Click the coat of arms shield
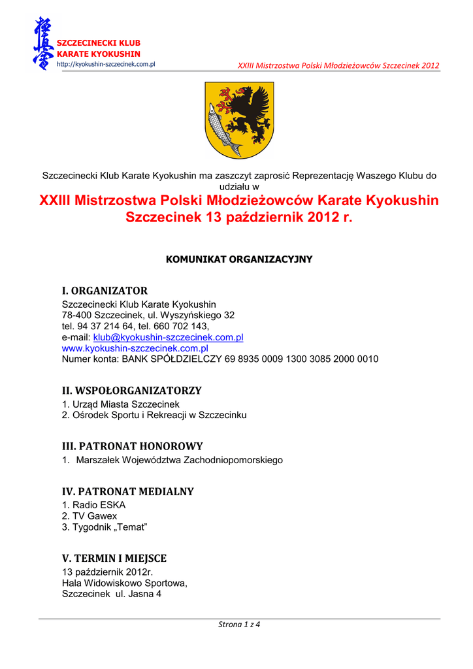pos(239,120)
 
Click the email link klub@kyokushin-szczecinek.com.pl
pos(168,337)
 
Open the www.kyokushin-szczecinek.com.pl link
pos(135,348)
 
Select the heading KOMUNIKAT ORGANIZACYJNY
pos(239,259)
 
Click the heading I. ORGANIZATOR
pos(105,290)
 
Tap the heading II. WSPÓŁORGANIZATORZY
pos(131,390)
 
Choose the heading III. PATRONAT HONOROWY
pos(132,446)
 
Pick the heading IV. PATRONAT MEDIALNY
pos(127,491)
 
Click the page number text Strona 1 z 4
pos(239,625)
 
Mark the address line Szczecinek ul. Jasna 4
pos(111,594)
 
